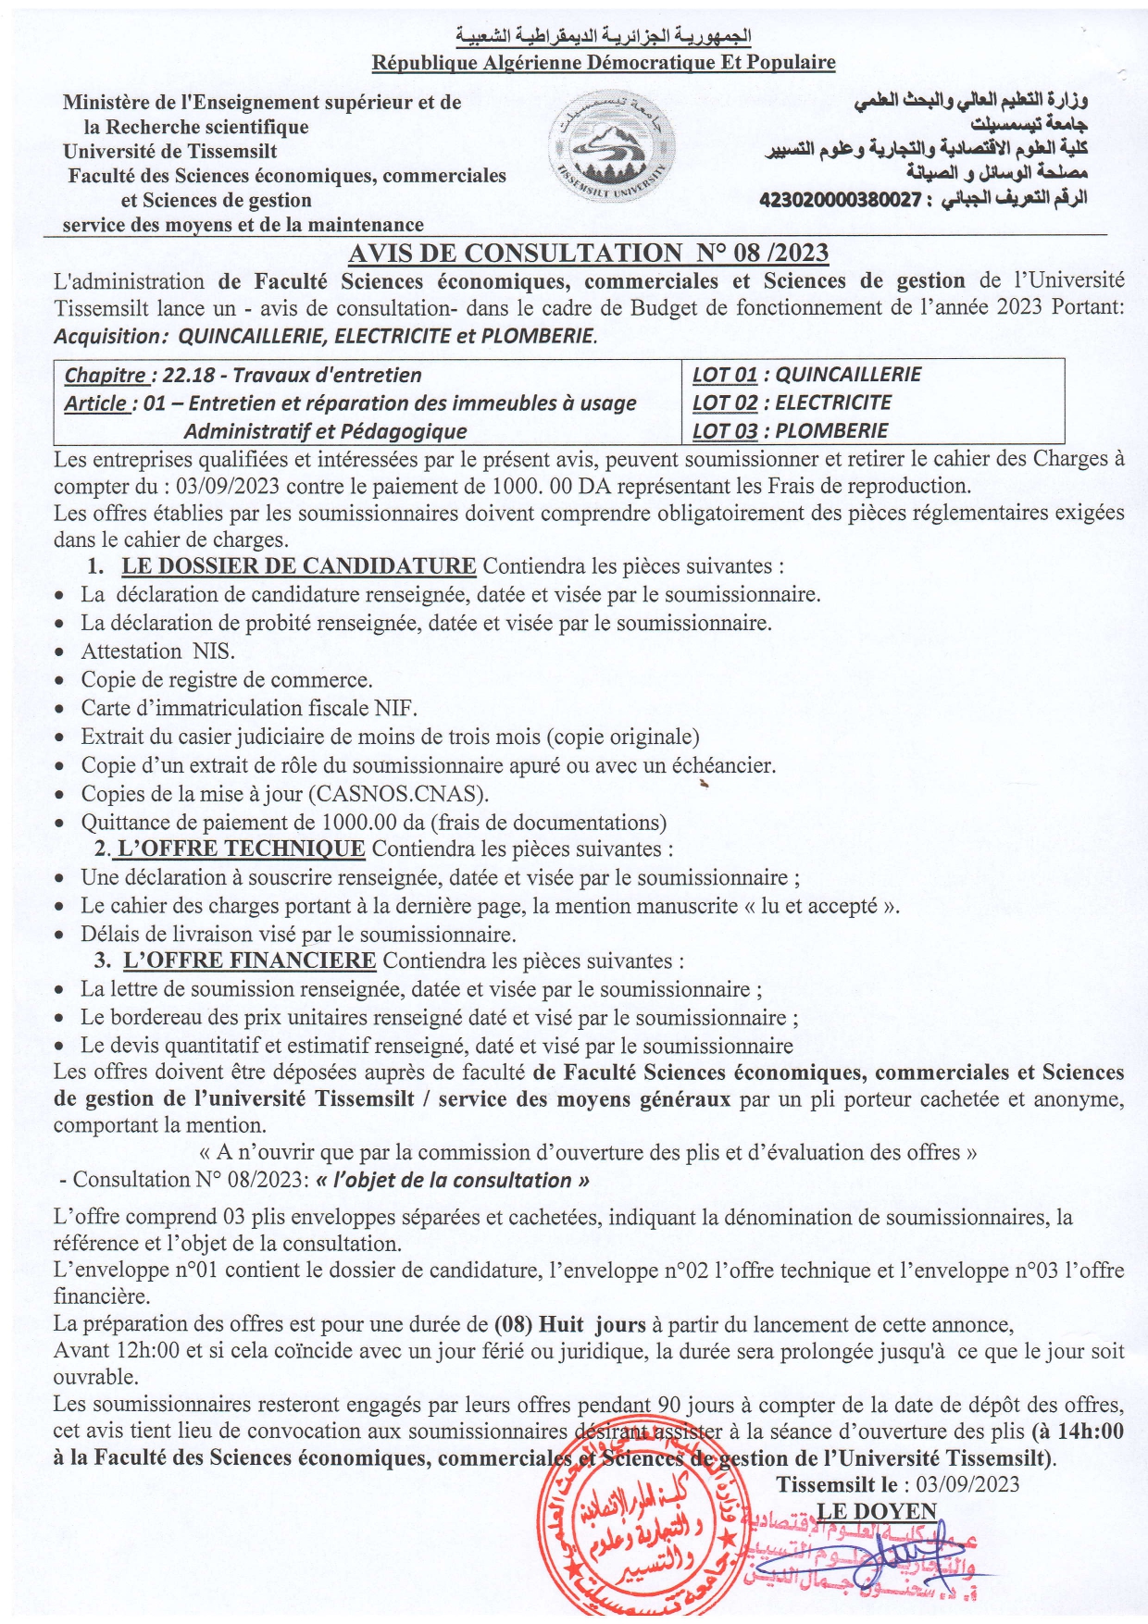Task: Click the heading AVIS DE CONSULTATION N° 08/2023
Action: (588, 253)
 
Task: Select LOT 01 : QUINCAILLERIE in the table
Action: (806, 375)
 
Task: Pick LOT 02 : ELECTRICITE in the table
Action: (792, 403)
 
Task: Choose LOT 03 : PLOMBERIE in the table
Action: (790, 431)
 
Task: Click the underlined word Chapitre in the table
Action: (106, 376)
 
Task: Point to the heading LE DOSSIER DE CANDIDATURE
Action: (298, 566)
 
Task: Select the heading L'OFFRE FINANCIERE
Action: (249, 961)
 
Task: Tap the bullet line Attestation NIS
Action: (157, 651)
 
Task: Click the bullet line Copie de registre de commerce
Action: (227, 680)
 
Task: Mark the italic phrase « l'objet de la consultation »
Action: (452, 1181)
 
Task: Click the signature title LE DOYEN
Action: (876, 1511)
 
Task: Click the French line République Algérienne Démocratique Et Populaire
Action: (604, 63)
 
